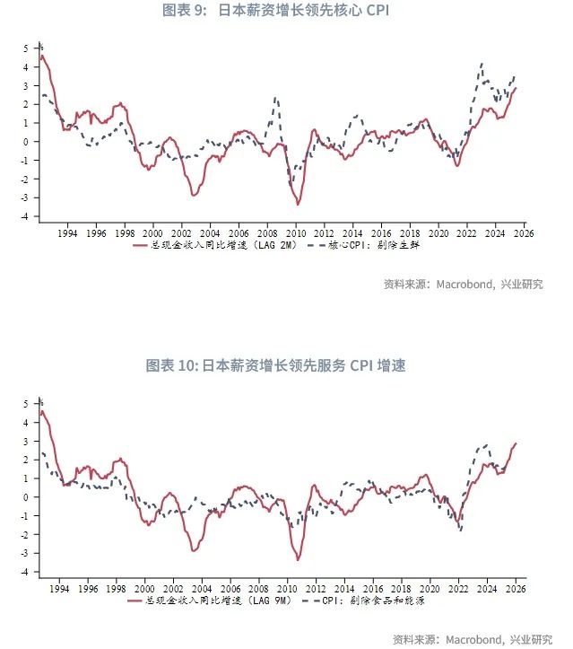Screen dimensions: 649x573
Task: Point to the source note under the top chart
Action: pyautogui.click(x=463, y=285)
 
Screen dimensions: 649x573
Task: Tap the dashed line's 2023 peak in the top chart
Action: pyautogui.click(x=482, y=64)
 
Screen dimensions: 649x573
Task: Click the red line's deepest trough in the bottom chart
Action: pyautogui.click(x=298, y=559)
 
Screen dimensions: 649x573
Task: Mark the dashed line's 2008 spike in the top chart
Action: pyautogui.click(x=275, y=98)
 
